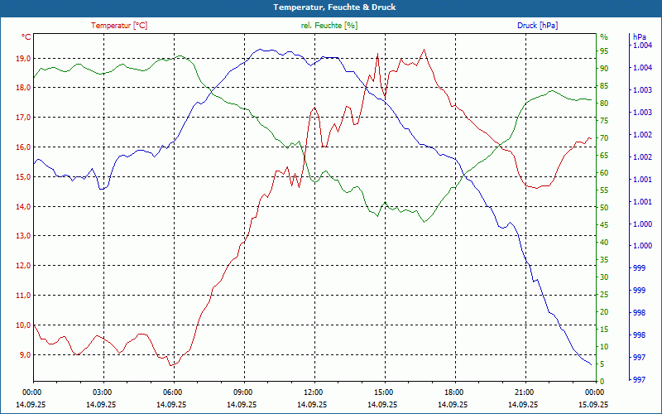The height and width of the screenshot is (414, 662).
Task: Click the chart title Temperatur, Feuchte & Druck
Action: (331, 7)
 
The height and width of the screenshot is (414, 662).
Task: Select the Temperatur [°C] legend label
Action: (119, 26)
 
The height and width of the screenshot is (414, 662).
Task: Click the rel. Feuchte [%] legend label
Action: (329, 26)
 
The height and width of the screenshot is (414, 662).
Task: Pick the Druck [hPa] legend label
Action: (537, 26)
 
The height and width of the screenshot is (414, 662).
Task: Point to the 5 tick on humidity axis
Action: (602, 363)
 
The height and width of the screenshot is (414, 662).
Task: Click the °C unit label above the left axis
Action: (26, 37)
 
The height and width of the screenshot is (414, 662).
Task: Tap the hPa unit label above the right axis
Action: (639, 37)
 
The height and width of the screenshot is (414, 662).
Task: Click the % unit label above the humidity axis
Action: (604, 37)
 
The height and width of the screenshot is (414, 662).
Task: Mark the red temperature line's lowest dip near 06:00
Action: (171, 365)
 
